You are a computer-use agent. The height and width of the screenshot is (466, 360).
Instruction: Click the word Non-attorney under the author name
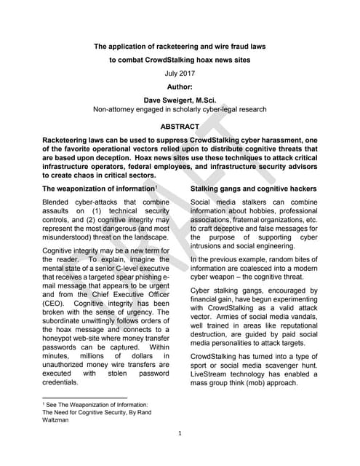[113, 109]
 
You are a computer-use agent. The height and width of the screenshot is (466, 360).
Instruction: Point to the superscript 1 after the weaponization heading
[167, 188]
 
